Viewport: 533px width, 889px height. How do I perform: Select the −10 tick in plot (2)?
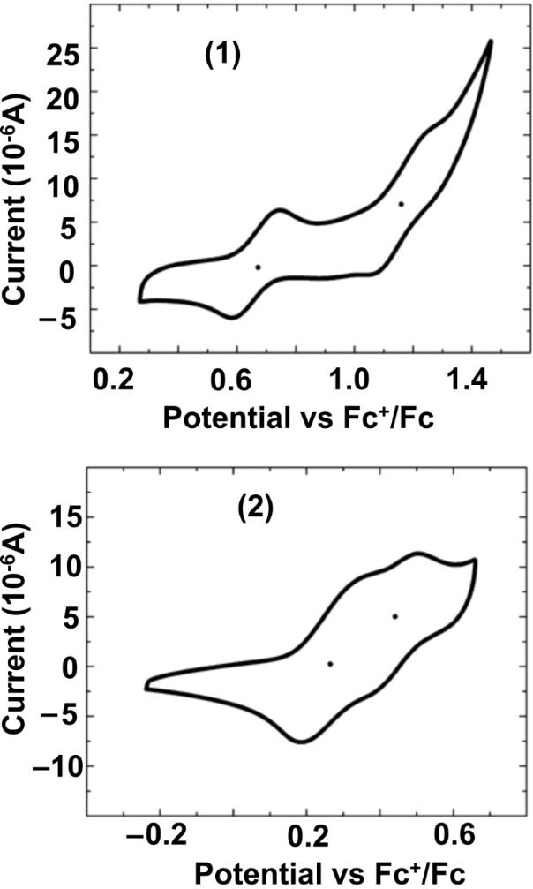tap(54, 765)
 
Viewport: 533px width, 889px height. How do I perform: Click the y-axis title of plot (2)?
tap(18, 643)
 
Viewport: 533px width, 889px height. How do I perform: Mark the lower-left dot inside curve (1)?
tap(258, 267)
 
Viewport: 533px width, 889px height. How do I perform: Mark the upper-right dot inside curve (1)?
tap(401, 204)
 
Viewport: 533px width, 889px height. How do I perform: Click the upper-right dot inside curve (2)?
tap(394, 616)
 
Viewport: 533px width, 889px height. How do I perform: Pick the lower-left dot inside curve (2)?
tap(329, 664)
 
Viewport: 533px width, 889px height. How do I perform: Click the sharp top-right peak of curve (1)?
tap(490, 41)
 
